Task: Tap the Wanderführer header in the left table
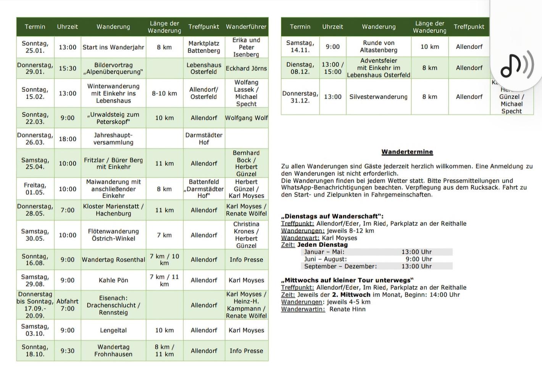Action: click(246, 27)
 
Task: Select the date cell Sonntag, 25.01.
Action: click(35, 47)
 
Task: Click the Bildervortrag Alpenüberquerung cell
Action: click(113, 68)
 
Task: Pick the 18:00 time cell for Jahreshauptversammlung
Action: click(68, 139)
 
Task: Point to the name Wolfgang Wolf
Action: click(246, 118)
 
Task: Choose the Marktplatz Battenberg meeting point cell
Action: click(204, 47)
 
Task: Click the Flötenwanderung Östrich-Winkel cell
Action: click(113, 235)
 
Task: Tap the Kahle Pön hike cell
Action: click(113, 280)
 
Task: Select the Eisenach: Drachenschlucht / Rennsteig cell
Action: click(113, 305)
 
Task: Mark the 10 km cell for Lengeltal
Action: click(165, 330)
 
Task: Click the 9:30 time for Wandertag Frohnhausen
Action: click(68, 351)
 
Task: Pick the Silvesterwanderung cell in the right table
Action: click(378, 97)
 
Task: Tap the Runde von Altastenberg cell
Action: click(378, 47)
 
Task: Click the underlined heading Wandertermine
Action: click(407, 152)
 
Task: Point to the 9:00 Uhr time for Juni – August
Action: click(419, 259)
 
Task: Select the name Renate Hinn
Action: click(347, 309)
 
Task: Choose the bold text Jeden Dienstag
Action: click(323, 245)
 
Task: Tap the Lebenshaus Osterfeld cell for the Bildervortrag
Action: click(204, 68)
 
